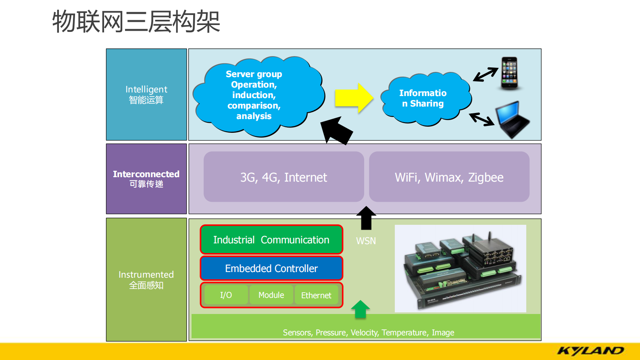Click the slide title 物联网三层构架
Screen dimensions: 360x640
click(136, 22)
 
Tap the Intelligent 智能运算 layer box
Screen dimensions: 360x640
click(146, 94)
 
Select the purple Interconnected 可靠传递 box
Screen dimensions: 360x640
click(146, 179)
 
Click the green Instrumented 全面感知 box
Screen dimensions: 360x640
click(146, 279)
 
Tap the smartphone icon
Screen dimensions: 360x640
click(509, 73)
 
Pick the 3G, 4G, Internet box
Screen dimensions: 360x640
click(284, 177)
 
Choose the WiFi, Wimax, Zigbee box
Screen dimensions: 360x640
click(449, 177)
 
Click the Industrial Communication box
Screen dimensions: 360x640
click(271, 240)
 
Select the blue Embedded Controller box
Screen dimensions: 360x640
click(271, 268)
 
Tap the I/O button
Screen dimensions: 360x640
click(226, 295)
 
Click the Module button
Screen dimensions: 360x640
click(271, 295)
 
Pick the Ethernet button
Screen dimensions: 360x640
click(316, 295)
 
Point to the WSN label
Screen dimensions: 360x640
click(366, 241)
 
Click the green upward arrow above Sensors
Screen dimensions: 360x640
click(360, 309)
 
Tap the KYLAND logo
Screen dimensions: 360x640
click(590, 351)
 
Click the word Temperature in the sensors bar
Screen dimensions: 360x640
click(404, 333)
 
